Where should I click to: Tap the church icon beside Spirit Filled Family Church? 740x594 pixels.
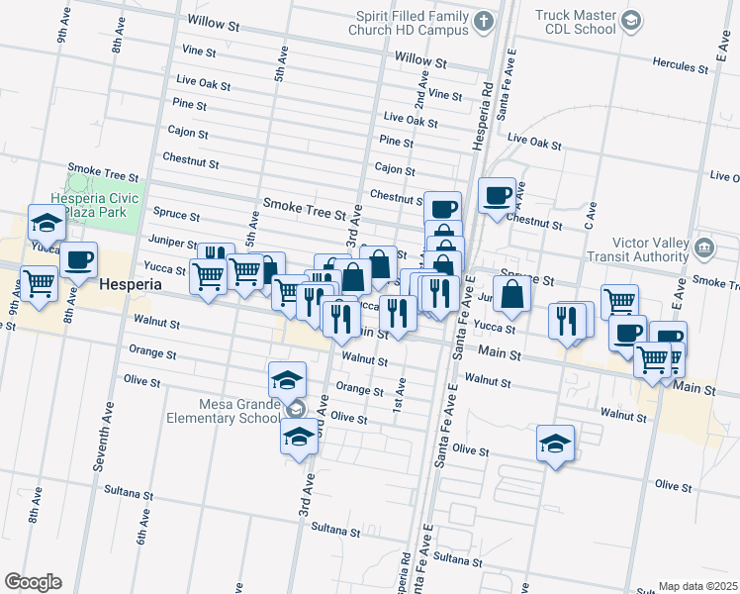click(x=483, y=22)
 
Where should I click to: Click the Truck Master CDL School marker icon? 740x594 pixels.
click(x=630, y=22)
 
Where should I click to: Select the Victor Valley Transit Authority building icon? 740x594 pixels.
click(x=704, y=247)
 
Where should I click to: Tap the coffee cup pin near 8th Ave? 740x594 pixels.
click(x=78, y=260)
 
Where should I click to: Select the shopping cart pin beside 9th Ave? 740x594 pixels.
click(x=40, y=283)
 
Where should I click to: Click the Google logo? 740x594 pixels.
click(x=33, y=582)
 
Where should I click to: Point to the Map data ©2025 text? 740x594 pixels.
click(x=697, y=586)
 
